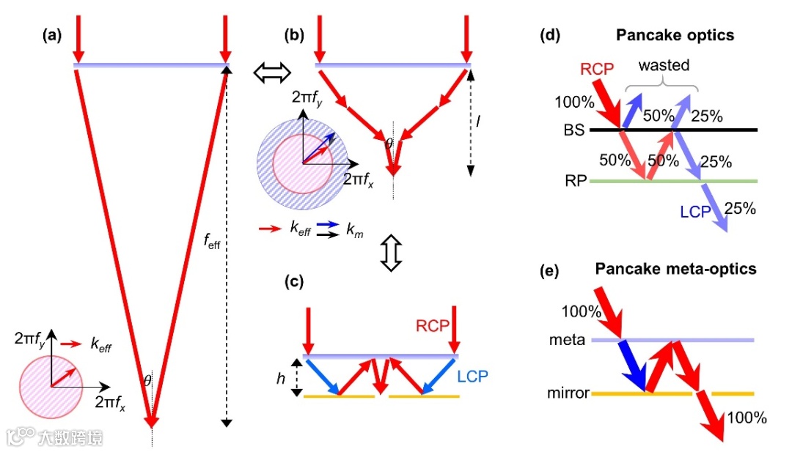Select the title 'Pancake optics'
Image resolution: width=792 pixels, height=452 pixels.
[675, 34]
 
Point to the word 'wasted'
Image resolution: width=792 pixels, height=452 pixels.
[664, 65]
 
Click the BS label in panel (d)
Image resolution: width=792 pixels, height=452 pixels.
[573, 130]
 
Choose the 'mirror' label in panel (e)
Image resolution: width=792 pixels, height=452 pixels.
[568, 393]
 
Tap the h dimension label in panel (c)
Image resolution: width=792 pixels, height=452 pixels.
[280, 378]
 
